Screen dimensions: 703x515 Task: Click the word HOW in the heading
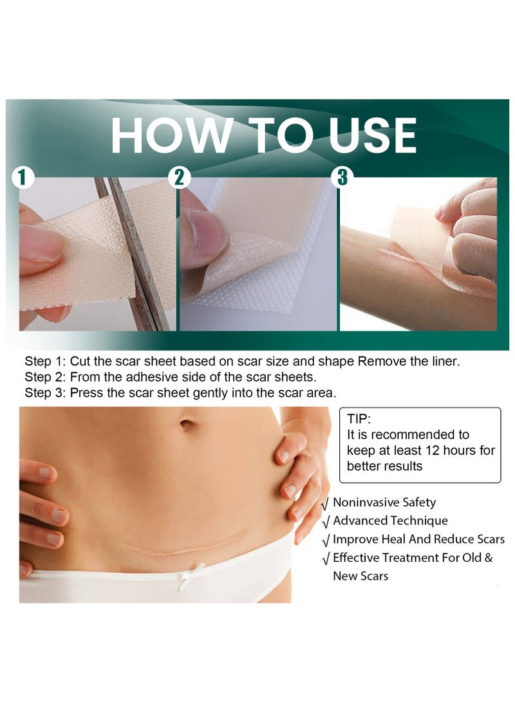[x=169, y=136]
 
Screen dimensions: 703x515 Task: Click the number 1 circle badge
[x=24, y=178]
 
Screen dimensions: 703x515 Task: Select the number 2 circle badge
[x=180, y=178]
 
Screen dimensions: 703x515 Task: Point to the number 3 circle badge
[x=342, y=178]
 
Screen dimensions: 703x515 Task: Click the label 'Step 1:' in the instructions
[x=45, y=361]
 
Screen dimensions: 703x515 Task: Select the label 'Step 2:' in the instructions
[x=45, y=377]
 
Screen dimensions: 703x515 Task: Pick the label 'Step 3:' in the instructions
[x=45, y=392]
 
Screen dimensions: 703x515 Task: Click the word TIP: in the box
[x=359, y=418]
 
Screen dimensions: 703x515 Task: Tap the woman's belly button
[x=186, y=425]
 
